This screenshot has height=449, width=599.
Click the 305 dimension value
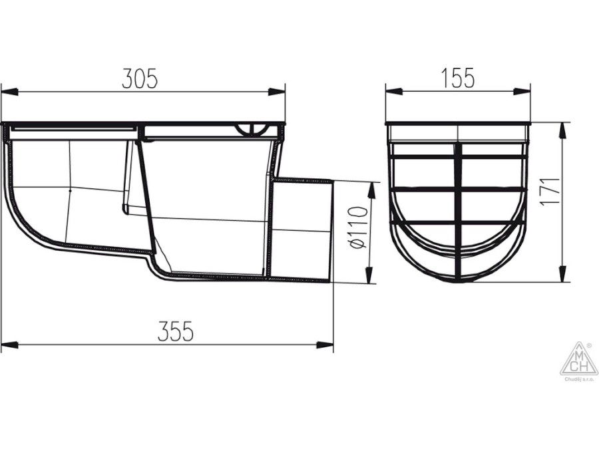[140, 79]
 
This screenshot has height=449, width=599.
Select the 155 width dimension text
[458, 78]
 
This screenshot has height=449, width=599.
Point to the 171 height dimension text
[550, 192]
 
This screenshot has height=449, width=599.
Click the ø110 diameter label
[358, 227]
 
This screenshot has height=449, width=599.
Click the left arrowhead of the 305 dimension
[9, 92]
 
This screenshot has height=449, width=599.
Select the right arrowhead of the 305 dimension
[277, 92]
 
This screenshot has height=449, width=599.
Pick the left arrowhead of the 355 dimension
[9, 344]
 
